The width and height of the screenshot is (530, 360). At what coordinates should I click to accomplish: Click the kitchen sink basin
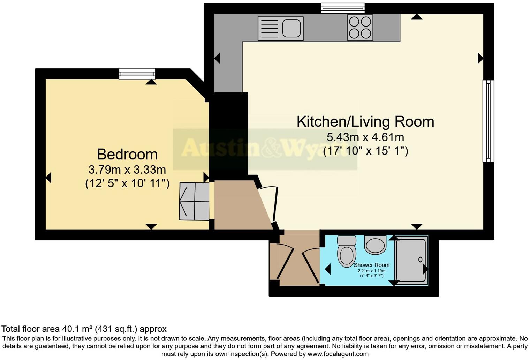tap(291, 28)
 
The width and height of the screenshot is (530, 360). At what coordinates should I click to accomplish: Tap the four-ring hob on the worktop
tap(360, 28)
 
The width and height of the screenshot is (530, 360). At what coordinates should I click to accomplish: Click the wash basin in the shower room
tap(375, 245)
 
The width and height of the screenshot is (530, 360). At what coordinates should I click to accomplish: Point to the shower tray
tap(411, 260)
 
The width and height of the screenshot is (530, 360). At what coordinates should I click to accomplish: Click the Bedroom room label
tap(127, 154)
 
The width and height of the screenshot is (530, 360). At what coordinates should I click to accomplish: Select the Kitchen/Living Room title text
tap(365, 121)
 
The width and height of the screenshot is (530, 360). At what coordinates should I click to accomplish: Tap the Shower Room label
tap(371, 265)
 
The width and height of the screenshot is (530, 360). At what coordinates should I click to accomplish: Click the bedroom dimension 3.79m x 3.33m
tap(127, 170)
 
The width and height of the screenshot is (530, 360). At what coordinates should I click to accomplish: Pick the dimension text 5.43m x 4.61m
tap(365, 137)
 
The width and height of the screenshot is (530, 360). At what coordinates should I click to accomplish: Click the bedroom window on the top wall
tap(137, 74)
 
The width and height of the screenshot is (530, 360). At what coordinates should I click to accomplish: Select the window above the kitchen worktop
tap(342, 8)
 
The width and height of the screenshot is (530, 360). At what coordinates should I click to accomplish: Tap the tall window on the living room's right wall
tap(488, 121)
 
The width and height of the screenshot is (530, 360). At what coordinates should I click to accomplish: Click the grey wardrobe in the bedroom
tap(194, 201)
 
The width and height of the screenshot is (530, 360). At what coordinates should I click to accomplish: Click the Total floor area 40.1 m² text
tap(84, 329)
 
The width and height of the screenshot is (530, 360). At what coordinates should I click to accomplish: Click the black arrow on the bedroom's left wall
tap(48, 178)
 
